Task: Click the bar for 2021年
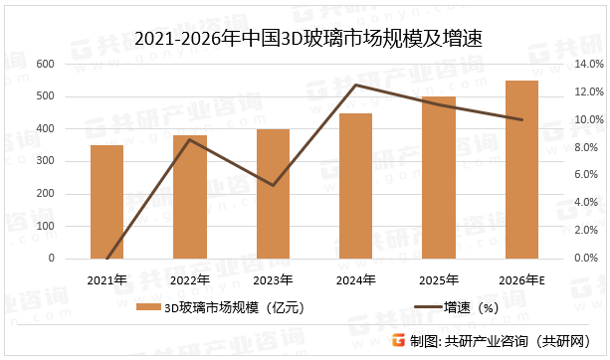(x=107, y=202)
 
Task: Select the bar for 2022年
(x=190, y=197)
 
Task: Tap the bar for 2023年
(x=273, y=194)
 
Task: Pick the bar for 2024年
(x=355, y=186)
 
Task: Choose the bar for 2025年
(x=439, y=178)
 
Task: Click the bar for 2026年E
(x=521, y=169)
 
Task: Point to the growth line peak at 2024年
(x=355, y=86)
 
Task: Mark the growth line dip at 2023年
(x=273, y=185)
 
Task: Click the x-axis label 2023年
(x=273, y=280)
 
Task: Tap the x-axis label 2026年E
(x=521, y=280)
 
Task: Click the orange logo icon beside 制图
(x=399, y=340)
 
